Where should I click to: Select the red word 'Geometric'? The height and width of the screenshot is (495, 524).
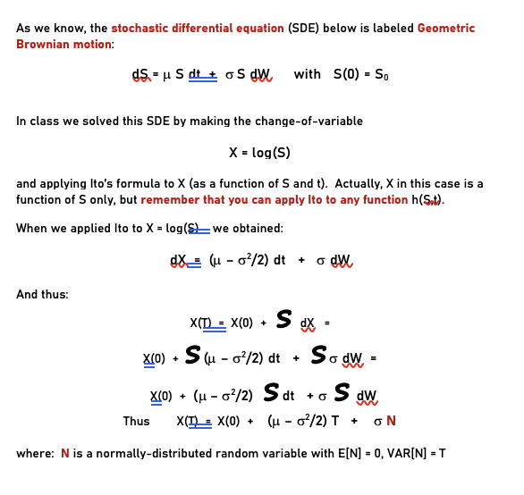pos(446,29)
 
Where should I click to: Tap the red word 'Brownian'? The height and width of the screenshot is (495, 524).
pos(44,44)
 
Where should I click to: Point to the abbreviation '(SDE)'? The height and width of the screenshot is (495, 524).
pos(306,29)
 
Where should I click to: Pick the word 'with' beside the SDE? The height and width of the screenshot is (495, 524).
pos(308,74)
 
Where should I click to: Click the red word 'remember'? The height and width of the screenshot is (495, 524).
pos(170,199)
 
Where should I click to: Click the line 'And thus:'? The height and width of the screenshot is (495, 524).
pos(42,294)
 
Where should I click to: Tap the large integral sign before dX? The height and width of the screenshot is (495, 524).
pos(283,319)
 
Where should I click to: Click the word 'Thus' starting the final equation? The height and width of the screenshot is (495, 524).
pos(136,421)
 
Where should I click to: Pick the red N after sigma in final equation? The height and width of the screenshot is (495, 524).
pos(391,421)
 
